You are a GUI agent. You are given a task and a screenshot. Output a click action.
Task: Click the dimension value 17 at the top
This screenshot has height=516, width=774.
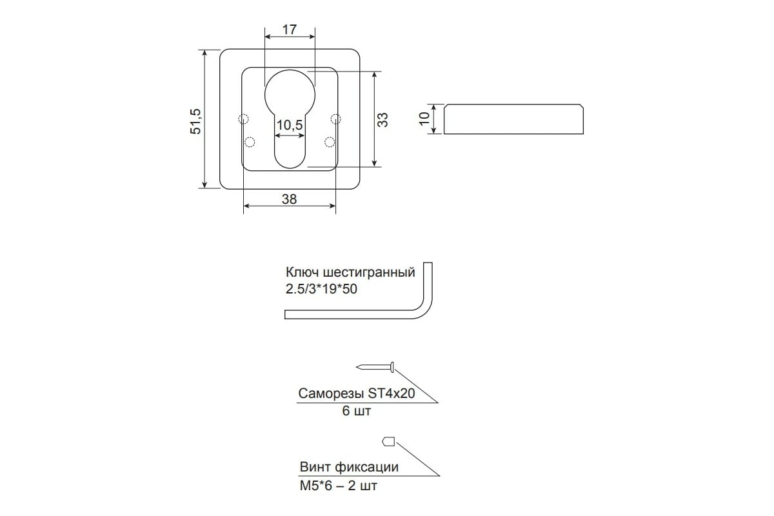point(290,30)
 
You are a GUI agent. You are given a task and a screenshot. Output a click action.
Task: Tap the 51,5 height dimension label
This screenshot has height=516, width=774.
point(195,121)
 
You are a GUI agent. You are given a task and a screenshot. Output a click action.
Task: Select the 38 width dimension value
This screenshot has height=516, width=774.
point(289,199)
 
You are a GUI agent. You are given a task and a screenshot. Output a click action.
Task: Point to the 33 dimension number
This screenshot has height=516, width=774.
point(382,120)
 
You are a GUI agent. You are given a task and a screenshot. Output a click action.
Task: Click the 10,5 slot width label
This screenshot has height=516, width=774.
point(290,124)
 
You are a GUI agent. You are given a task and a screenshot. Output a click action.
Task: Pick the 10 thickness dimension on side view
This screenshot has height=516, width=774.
point(424,119)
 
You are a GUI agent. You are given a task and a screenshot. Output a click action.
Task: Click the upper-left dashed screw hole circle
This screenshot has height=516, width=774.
point(243,119)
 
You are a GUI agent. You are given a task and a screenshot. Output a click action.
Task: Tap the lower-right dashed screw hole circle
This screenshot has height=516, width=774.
point(330,142)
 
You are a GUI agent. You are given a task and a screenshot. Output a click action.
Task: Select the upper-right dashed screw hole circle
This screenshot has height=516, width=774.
point(335,119)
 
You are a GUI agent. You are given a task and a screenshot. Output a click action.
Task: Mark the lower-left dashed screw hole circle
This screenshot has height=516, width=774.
point(250,142)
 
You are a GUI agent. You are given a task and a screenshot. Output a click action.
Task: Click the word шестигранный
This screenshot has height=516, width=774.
point(369,272)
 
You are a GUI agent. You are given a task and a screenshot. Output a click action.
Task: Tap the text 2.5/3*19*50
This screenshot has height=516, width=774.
point(321,288)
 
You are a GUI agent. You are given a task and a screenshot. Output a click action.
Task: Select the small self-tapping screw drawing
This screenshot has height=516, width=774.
point(375,367)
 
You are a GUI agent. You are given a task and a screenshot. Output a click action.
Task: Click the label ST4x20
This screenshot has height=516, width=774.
point(391,393)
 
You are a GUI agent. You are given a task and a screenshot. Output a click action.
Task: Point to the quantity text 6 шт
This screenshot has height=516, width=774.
point(356,411)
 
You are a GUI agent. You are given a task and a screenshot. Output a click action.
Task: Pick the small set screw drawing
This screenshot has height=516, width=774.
point(388,441)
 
